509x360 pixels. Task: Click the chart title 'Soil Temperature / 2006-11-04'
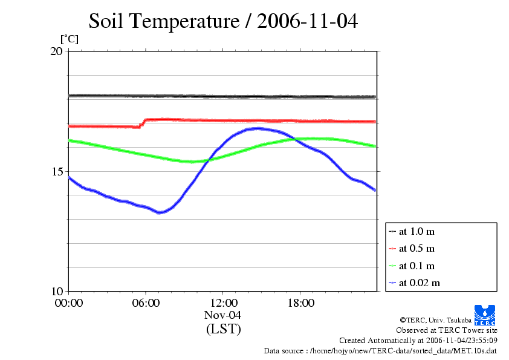[x=223, y=21]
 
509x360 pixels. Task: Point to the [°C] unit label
[x=69, y=39]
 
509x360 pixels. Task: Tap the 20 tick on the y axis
[x=56, y=51]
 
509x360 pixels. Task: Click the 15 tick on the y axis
[x=56, y=171]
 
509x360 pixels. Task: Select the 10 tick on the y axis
[x=56, y=291]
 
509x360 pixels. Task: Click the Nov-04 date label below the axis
[x=223, y=315]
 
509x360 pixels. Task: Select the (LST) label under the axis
[x=223, y=329]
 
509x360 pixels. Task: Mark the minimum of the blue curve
[x=160, y=212]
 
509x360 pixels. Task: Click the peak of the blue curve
[x=258, y=128]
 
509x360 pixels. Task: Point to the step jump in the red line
[x=143, y=123]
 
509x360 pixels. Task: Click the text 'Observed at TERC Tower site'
[x=446, y=330]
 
